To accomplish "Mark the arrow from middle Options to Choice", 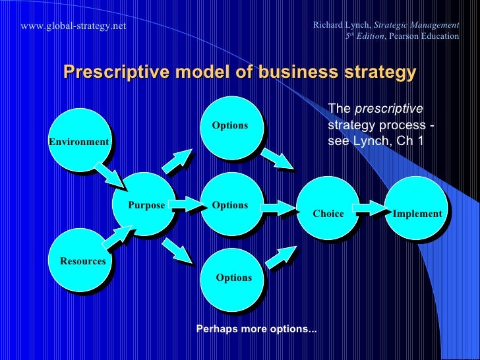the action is (279, 208).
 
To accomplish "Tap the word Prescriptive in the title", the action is (111, 72).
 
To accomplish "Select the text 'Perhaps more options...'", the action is (256, 328).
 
